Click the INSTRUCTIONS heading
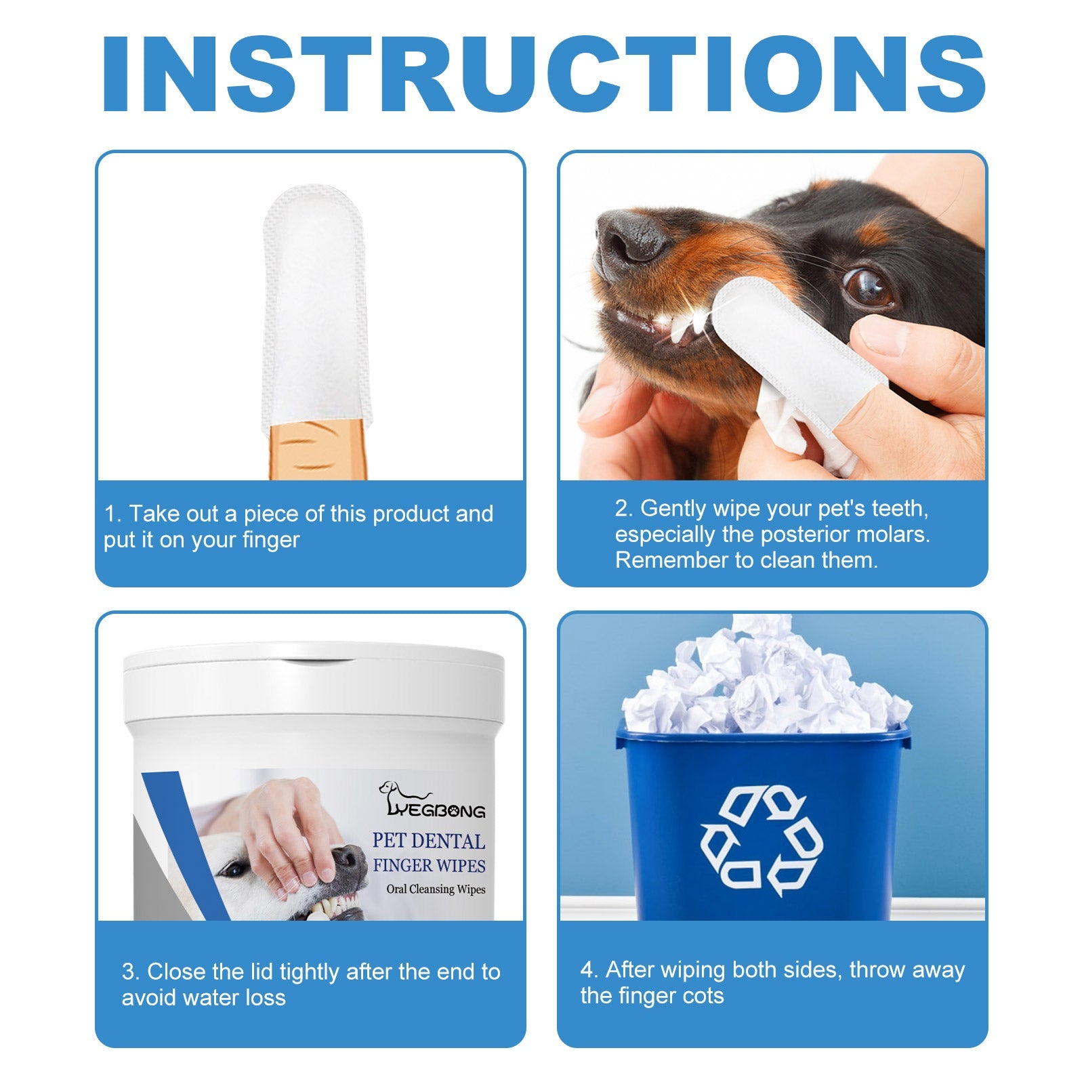point(542,75)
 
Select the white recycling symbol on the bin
point(762,840)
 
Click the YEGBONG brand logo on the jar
point(434,803)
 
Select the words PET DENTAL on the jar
point(429,841)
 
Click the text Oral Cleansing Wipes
point(436,889)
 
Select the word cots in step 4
point(704,996)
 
